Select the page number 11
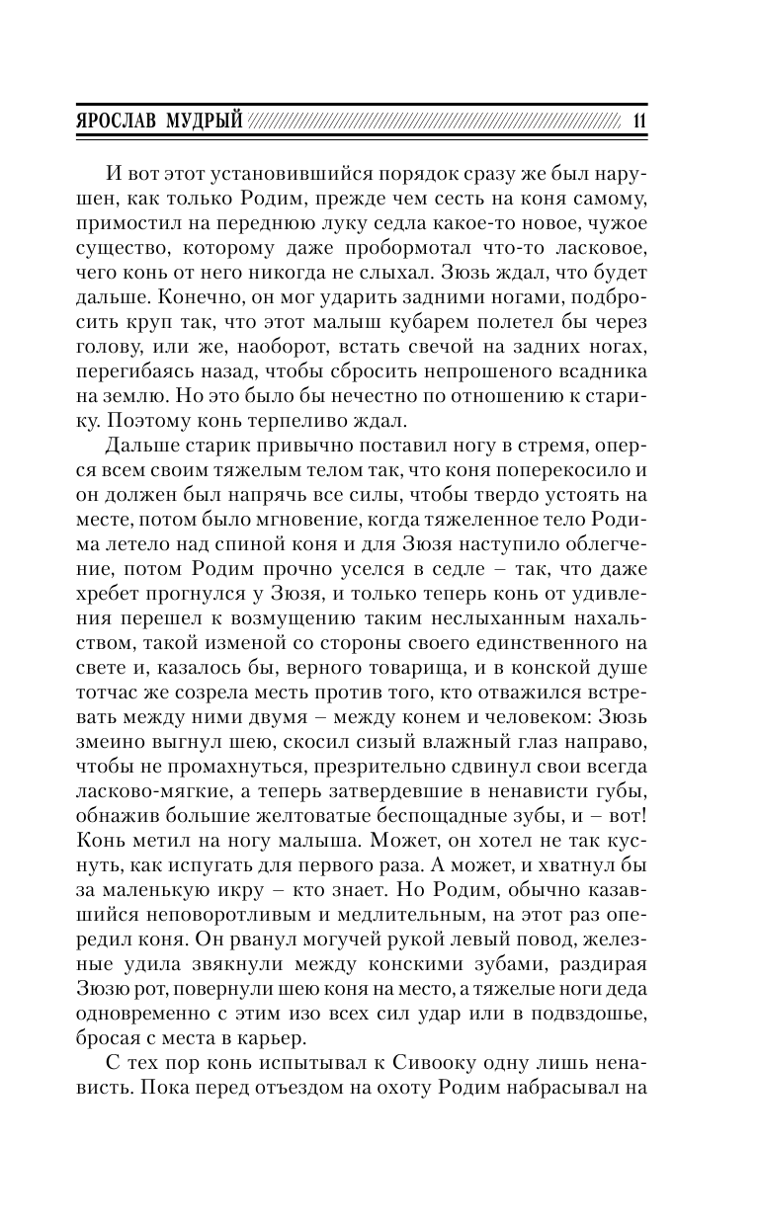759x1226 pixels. tap(636, 121)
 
